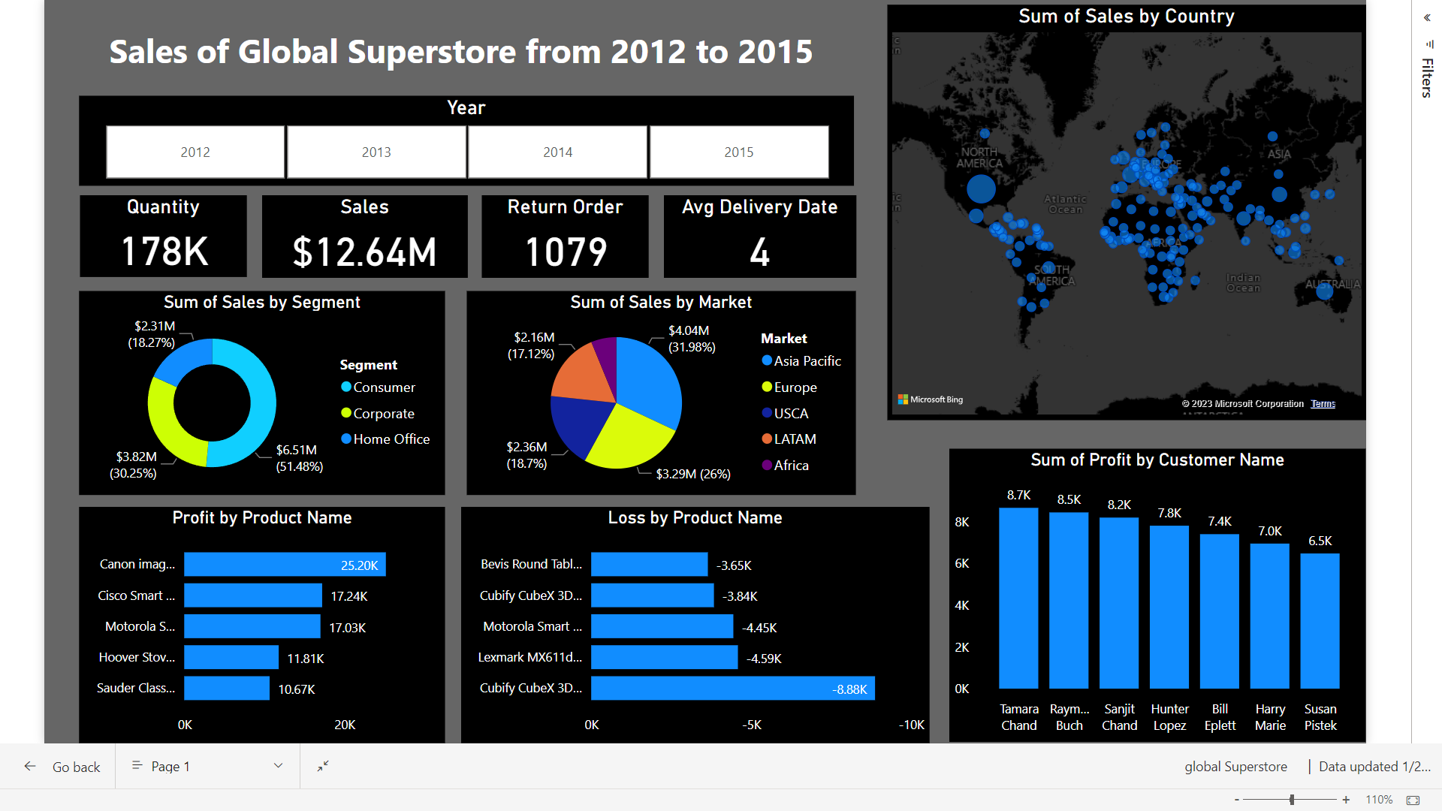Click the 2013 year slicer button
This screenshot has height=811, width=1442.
(376, 152)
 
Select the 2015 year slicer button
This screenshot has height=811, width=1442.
(739, 152)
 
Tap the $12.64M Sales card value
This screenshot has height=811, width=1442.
(364, 252)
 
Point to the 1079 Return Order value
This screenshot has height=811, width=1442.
(566, 252)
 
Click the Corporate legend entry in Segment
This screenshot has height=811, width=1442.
(383, 414)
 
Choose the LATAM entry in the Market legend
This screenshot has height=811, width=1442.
(795, 439)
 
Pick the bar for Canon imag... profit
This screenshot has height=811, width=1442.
(285, 565)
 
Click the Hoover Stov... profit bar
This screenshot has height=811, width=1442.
(231, 658)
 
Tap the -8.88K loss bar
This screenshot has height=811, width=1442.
(732, 689)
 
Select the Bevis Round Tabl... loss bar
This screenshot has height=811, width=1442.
(649, 565)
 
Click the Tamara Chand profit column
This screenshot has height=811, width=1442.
(1018, 598)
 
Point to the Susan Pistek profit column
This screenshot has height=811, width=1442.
(1320, 621)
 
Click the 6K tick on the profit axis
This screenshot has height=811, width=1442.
(962, 564)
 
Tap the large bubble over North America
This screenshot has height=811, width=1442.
(981, 188)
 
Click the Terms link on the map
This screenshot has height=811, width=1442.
(1323, 404)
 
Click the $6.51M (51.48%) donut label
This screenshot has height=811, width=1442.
(299, 458)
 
